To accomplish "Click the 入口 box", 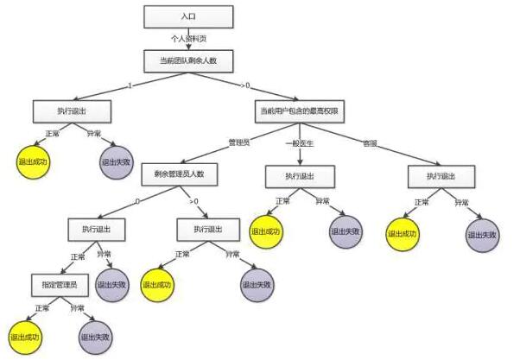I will click(189, 16).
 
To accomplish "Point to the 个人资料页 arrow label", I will click(189, 38).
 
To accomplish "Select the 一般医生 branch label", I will click(302, 142).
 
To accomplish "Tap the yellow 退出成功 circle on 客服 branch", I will click(403, 234).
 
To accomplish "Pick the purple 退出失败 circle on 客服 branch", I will click(483, 235).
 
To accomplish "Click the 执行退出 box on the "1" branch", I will click(73, 111).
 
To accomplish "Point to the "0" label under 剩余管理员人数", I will click(136, 201).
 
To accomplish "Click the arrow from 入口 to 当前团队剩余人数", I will click(189, 38).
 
